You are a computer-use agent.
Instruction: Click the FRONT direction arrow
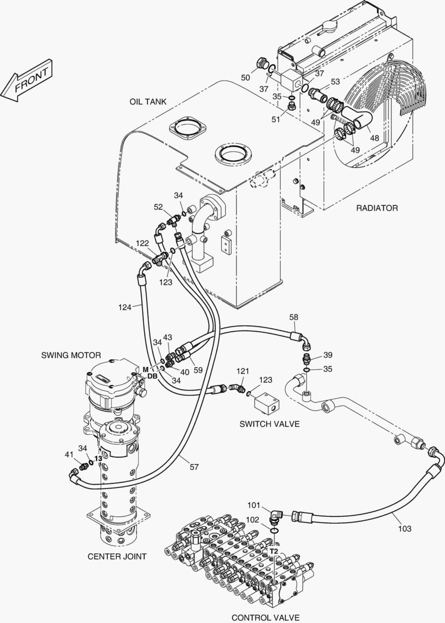click(27, 80)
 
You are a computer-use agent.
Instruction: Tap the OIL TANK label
click(148, 102)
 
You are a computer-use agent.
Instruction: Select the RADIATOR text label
click(376, 208)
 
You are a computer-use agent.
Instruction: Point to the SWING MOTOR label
click(71, 355)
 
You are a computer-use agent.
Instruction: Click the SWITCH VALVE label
click(269, 424)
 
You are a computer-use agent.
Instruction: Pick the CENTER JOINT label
click(117, 556)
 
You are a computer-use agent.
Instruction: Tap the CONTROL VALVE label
click(265, 617)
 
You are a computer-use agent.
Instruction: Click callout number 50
click(245, 77)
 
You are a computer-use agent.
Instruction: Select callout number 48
click(374, 138)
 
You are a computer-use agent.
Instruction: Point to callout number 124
click(125, 307)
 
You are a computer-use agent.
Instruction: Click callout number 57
click(194, 467)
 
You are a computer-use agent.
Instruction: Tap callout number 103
click(405, 528)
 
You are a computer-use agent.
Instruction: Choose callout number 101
click(254, 505)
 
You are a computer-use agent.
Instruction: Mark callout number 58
click(293, 317)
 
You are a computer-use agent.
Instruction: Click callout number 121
click(242, 371)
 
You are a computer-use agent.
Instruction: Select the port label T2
click(274, 551)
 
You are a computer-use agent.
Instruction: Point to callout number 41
click(69, 454)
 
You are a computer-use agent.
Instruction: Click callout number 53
click(335, 81)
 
